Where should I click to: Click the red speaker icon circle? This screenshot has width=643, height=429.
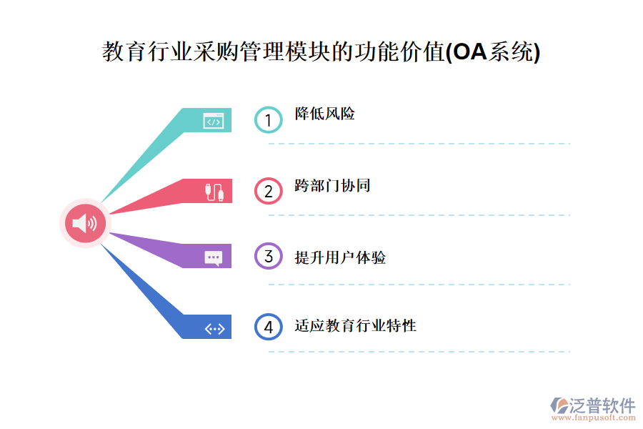85,223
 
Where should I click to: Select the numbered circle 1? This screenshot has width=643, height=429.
268,120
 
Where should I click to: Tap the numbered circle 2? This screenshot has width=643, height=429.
268,191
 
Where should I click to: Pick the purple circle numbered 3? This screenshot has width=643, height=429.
268,256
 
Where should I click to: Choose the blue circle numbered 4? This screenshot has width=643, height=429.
268,327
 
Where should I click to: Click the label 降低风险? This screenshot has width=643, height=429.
325,114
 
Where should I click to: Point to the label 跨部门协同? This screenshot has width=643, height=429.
332,186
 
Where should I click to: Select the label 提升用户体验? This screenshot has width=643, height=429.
340,257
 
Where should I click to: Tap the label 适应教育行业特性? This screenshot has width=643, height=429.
355,325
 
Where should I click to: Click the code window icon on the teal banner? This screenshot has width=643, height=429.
214,121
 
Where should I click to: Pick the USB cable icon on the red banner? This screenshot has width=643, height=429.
214,192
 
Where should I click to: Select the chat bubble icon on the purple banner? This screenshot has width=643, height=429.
214,258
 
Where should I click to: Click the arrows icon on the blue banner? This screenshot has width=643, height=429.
214,329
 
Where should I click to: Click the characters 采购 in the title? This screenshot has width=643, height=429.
216,51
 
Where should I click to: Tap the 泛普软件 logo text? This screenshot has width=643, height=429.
602,405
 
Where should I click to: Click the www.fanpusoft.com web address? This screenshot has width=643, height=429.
594,418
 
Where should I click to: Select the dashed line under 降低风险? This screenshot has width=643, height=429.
419,144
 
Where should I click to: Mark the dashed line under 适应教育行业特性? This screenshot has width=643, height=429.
419,352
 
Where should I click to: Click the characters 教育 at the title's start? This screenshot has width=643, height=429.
124,51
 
